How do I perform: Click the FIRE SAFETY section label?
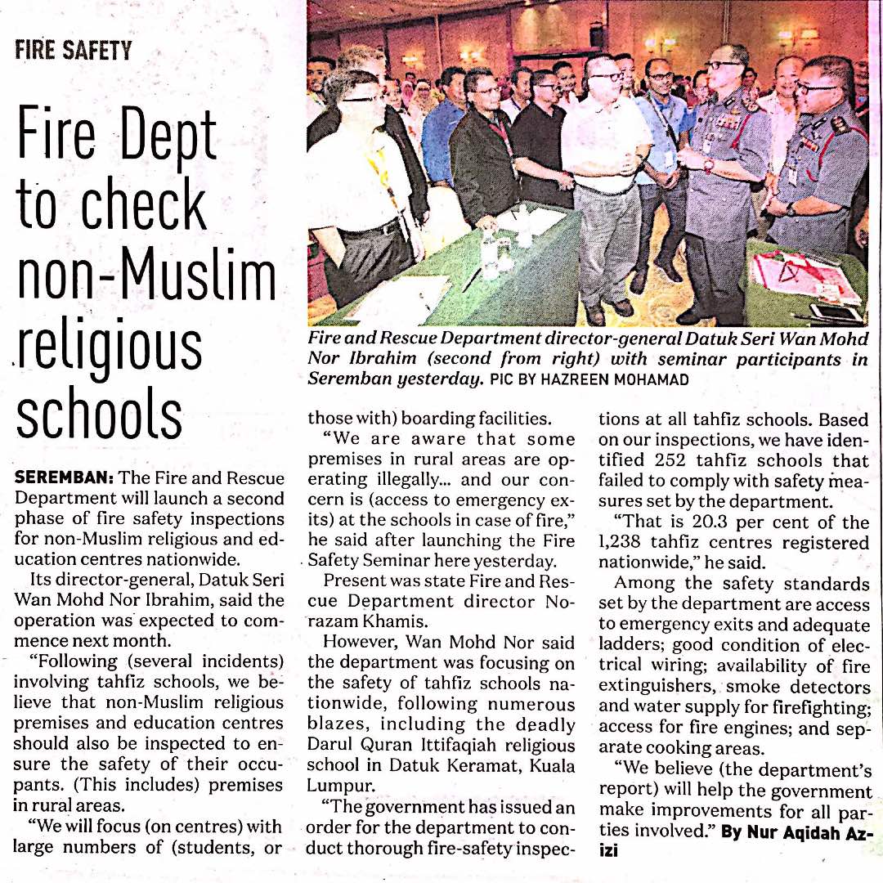click(x=73, y=51)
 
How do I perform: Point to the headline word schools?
click(x=99, y=415)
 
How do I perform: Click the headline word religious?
click(x=110, y=347)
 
